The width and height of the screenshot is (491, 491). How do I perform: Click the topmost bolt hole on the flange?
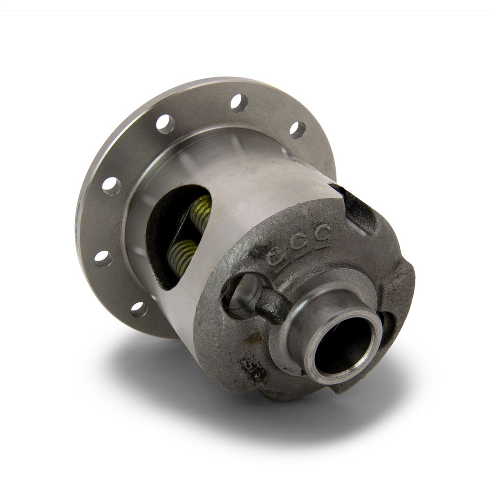[238, 99]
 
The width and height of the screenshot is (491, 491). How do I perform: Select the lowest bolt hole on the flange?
[138, 309]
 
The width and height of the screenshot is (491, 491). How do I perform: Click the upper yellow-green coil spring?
[201, 209]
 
